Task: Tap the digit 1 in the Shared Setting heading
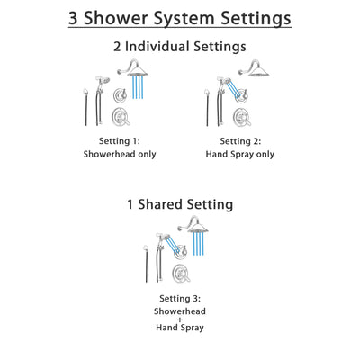129,205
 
